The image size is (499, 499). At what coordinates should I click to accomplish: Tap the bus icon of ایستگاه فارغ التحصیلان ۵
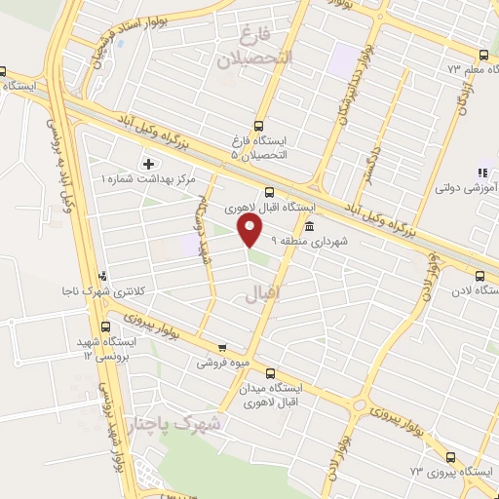(258, 126)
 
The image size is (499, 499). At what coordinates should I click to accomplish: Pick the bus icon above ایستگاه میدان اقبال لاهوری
(270, 371)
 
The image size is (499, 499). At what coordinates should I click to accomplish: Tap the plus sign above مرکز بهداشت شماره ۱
(148, 164)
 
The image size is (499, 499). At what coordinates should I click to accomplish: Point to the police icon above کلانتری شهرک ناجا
(103, 278)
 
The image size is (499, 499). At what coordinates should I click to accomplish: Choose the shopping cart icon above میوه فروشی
(223, 347)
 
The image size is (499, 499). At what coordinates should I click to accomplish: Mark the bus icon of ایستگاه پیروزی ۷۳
(449, 456)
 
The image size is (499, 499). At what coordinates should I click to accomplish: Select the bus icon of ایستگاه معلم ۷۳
(483, 55)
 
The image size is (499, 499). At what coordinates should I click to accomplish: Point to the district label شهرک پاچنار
(175, 425)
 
